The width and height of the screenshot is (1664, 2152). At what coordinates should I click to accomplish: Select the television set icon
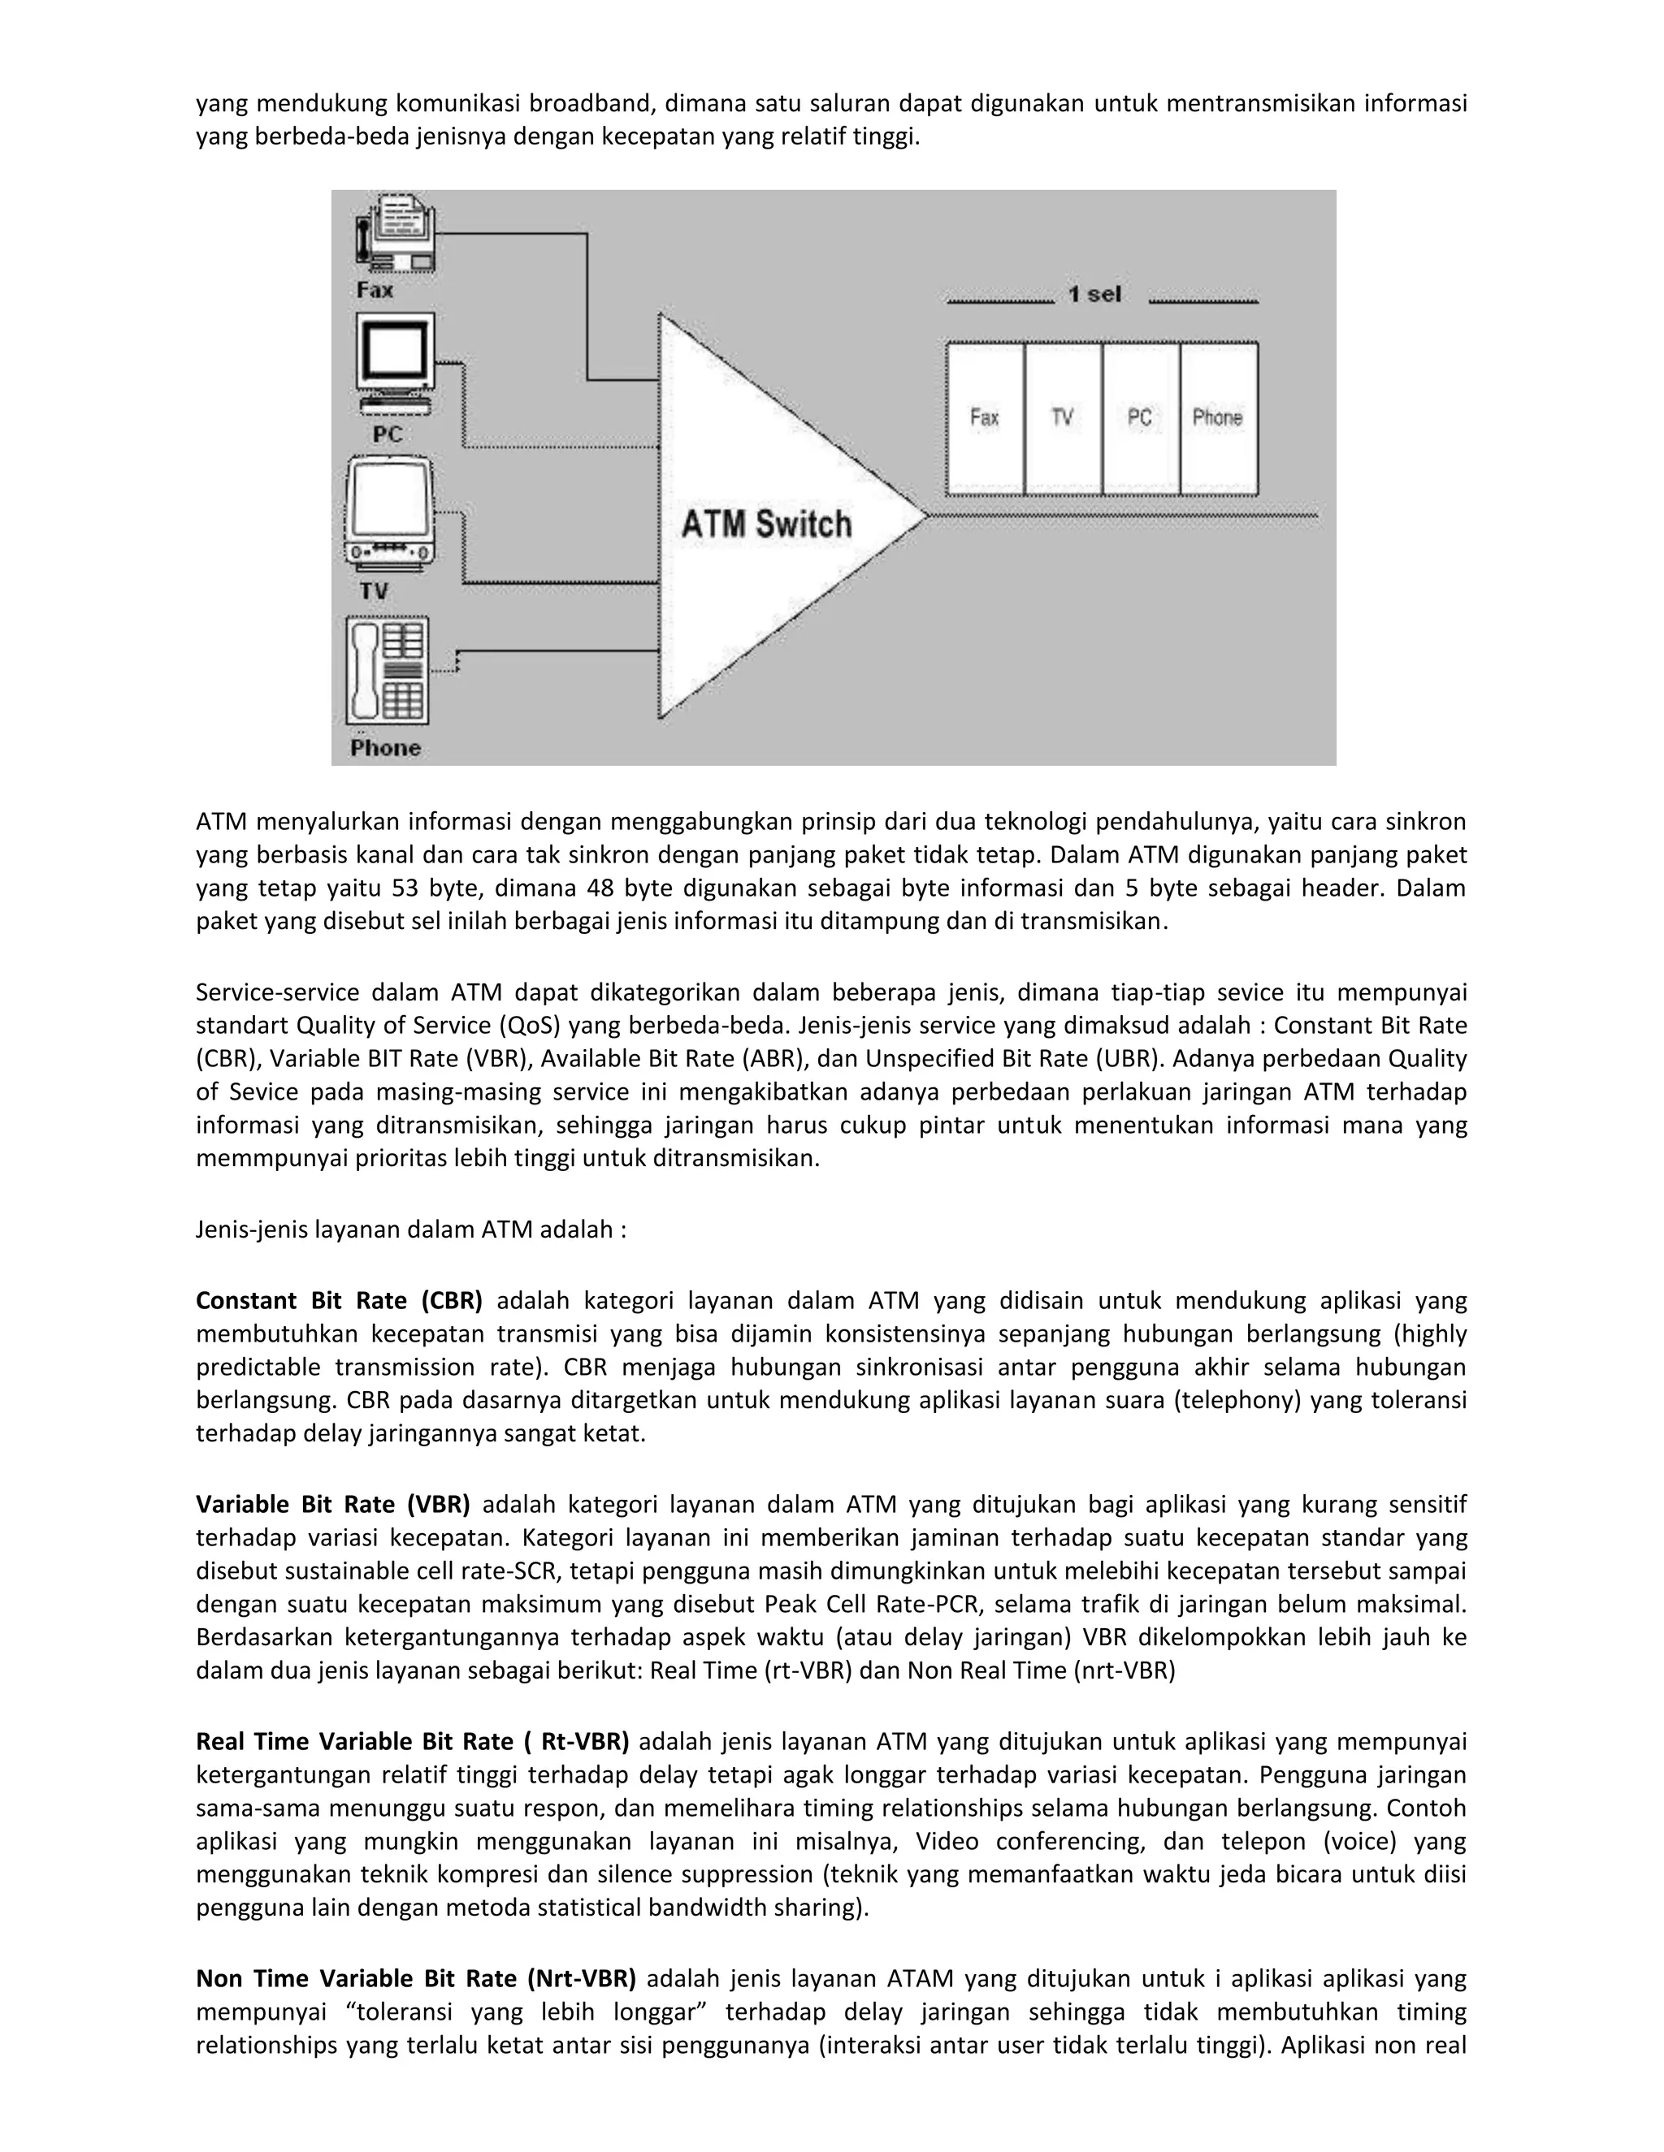390,517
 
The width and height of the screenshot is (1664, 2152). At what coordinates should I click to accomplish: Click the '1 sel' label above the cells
1095,295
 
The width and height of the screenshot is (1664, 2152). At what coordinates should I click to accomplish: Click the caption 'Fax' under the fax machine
375,290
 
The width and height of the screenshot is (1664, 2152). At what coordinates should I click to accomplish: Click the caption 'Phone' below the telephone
385,748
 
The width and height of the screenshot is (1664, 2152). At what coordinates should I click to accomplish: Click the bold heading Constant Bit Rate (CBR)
339,1301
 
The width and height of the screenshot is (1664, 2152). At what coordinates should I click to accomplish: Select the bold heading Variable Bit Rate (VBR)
332,1505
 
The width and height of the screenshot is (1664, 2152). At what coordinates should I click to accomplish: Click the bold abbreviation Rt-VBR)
584,1742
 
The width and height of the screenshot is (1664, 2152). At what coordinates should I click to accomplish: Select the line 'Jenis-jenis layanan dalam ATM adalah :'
411,1229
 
